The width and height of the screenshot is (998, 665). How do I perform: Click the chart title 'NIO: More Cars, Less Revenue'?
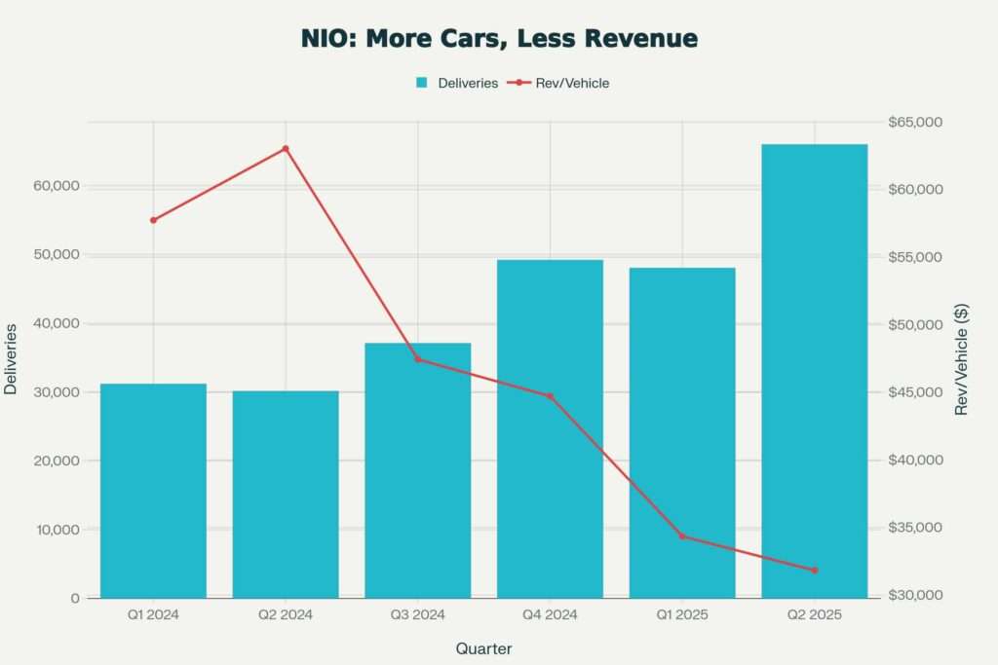[x=499, y=38]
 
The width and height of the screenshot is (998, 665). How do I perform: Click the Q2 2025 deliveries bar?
[x=814, y=370]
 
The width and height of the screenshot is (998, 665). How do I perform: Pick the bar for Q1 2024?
[x=153, y=491]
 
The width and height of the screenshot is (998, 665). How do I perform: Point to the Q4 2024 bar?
[x=550, y=428]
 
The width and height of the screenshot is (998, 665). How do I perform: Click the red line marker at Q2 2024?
[x=286, y=149]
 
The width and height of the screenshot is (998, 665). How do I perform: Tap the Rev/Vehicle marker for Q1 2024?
[x=153, y=220]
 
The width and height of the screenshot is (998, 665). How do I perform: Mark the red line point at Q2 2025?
[x=814, y=571]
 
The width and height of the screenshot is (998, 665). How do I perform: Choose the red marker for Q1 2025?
[x=682, y=536]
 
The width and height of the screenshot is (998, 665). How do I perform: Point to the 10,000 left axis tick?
[x=57, y=530]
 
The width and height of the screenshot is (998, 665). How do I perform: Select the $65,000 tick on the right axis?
[x=916, y=122]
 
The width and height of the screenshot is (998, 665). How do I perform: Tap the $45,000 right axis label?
[x=916, y=392]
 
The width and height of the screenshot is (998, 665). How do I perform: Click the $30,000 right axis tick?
[x=916, y=596]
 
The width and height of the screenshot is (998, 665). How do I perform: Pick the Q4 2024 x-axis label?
[x=550, y=615]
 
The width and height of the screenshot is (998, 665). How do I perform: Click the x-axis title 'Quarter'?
[x=483, y=648]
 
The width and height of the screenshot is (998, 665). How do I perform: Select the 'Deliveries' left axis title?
[x=11, y=359]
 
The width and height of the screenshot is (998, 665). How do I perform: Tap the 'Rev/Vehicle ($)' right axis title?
[x=963, y=359]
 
